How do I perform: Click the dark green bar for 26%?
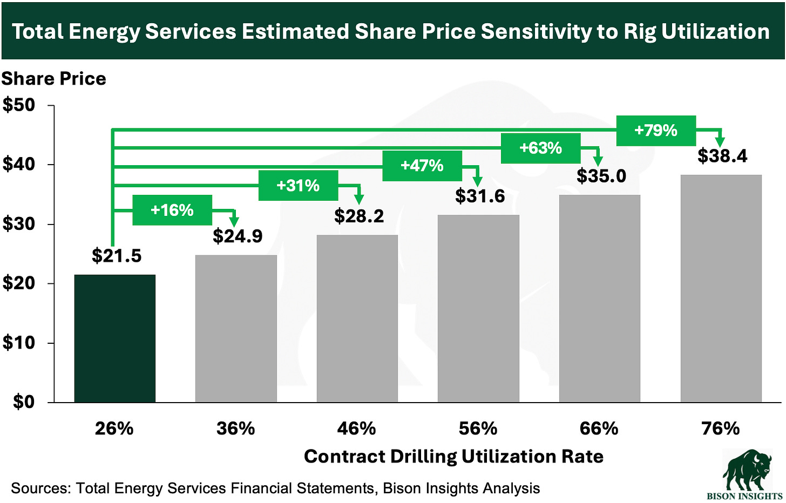(115, 338)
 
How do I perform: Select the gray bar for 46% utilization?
(357, 318)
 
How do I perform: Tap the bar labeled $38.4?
(721, 288)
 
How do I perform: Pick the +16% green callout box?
(172, 210)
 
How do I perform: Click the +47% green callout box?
(422, 166)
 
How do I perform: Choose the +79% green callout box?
(656, 131)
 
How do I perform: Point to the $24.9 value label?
(238, 236)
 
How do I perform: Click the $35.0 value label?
(601, 176)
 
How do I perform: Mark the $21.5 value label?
(117, 256)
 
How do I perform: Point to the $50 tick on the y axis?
(19, 105)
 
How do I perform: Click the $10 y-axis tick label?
(19, 343)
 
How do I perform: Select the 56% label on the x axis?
(478, 429)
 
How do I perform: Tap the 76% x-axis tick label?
(720, 429)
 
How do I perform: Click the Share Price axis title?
(53, 79)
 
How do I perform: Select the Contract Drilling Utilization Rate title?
(453, 457)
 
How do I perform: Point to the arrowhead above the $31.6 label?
(477, 182)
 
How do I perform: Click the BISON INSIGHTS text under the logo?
(745, 496)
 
